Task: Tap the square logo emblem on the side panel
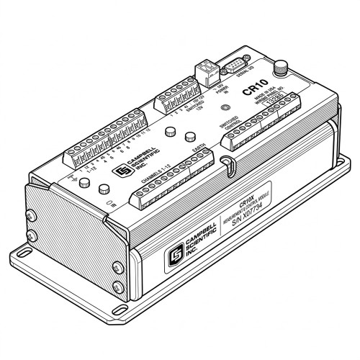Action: (x=174, y=257)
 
